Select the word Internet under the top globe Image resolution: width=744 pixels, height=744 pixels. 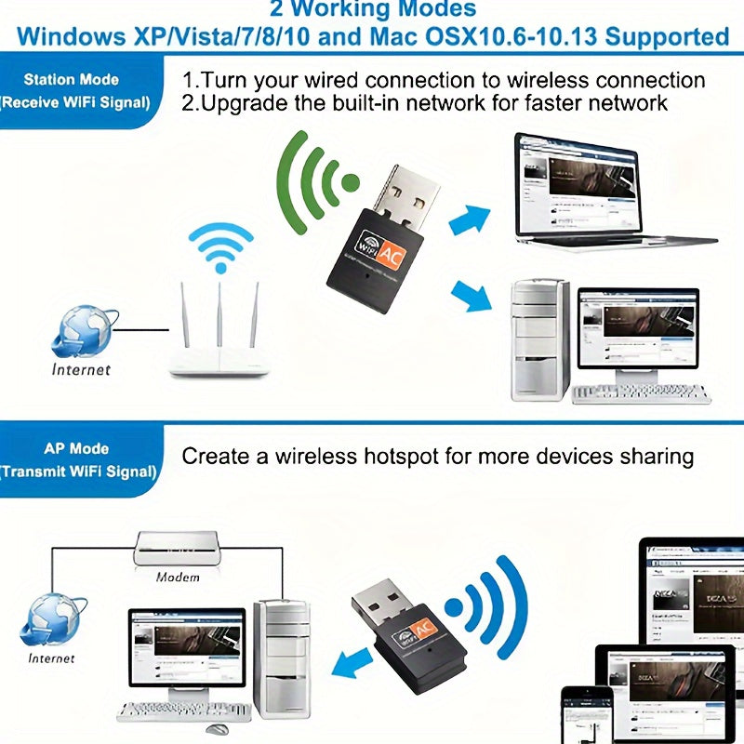(81, 369)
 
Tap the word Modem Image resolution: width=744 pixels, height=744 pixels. (178, 577)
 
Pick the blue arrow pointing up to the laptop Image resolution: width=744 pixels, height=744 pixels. (470, 220)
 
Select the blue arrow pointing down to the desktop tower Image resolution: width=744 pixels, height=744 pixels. (471, 296)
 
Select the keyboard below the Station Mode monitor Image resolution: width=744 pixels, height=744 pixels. (641, 393)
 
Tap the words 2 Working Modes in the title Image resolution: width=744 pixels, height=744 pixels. (372, 10)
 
